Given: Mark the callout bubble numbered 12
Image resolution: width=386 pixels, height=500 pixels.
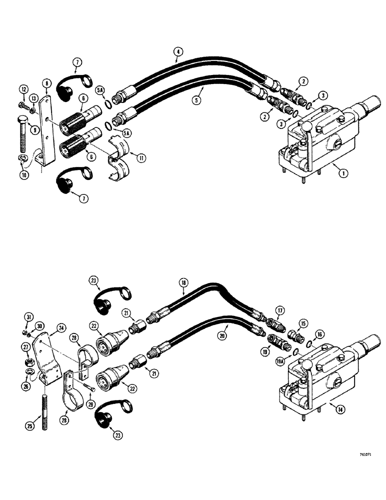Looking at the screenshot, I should [x=23, y=89].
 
